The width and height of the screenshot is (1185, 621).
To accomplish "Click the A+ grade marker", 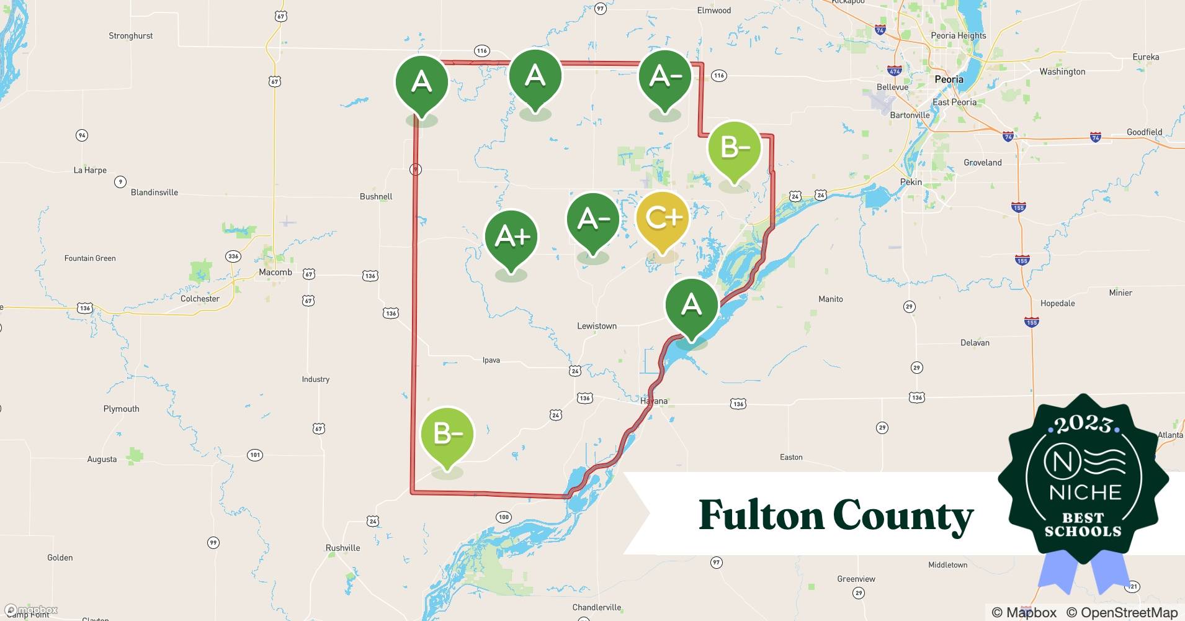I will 511,237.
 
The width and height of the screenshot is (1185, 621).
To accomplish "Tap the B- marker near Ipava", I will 447,433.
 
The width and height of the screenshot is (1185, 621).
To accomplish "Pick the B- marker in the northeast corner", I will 735,148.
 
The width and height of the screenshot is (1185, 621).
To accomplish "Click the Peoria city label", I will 949,79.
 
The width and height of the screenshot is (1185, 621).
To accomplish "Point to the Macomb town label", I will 275,272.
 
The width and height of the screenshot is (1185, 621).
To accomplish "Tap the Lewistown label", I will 597,326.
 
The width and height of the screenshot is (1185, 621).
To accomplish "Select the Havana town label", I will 654,401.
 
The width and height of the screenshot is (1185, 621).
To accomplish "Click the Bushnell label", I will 376,196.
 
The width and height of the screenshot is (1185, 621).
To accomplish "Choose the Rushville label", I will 342,548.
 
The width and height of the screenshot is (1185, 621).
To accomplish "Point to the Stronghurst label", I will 130,36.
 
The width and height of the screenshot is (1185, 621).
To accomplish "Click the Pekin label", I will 911,182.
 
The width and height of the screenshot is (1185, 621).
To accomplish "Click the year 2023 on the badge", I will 1083,424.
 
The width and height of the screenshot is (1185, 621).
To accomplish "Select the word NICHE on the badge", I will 1084,492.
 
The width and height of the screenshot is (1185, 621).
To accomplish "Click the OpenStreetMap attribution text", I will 1122,612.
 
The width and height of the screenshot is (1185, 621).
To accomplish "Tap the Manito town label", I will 830,299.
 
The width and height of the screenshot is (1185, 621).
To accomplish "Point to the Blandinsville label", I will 154,193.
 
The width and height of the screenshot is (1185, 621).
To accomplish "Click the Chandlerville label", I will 596,607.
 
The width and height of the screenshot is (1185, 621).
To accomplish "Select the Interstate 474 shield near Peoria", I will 894,71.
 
